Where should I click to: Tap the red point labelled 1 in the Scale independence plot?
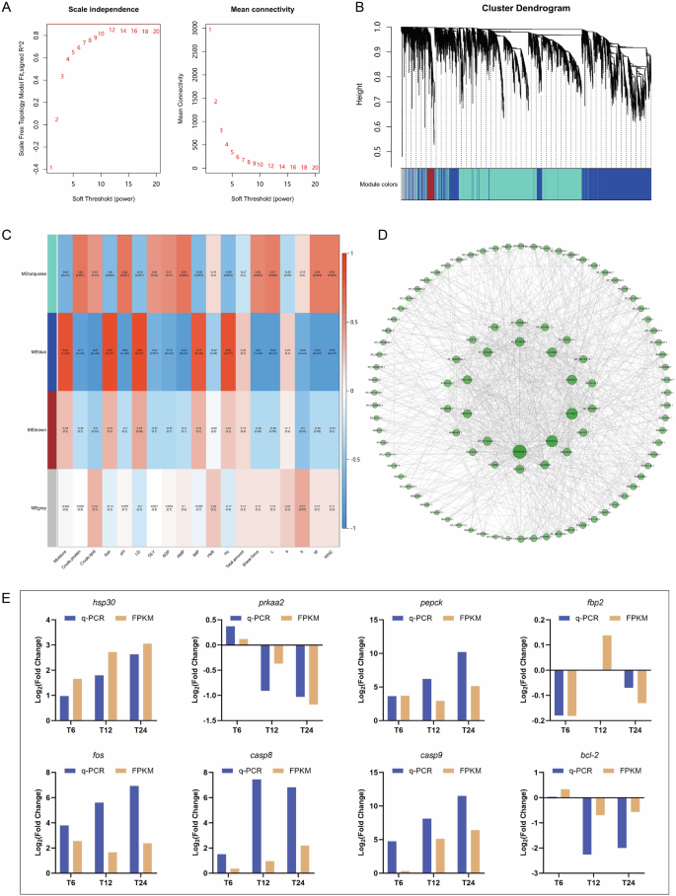[51, 168]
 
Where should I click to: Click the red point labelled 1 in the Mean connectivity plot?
[209, 31]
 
